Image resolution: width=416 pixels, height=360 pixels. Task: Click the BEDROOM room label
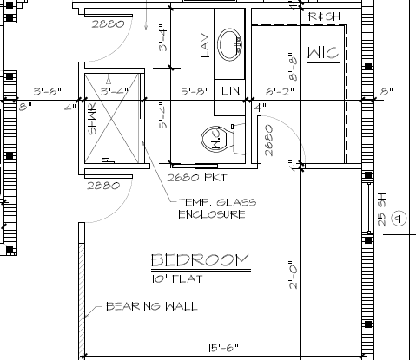pyautogui.click(x=200, y=259)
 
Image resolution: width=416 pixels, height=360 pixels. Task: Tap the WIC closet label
pyautogui.click(x=323, y=53)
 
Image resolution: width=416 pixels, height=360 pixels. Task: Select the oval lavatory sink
pyautogui.click(x=230, y=44)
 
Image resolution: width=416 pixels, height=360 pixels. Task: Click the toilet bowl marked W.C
pyautogui.click(x=218, y=139)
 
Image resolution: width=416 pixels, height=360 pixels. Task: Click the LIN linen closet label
pyautogui.click(x=231, y=91)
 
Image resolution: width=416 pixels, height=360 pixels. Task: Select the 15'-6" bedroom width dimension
pyautogui.click(x=224, y=347)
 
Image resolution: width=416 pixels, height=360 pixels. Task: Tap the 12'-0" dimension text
pyautogui.click(x=293, y=277)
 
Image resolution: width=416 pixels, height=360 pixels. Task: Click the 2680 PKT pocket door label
pyautogui.click(x=197, y=177)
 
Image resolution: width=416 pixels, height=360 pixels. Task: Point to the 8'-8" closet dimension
pyautogui.click(x=293, y=67)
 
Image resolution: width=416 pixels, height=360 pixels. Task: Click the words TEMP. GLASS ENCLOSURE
pyautogui.click(x=217, y=208)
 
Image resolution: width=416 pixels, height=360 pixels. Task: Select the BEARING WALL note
pyautogui.click(x=152, y=306)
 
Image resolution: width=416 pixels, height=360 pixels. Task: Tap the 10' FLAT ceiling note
pyautogui.click(x=177, y=278)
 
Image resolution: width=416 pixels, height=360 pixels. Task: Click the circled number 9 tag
pyautogui.click(x=399, y=219)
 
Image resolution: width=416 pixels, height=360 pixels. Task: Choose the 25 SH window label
pyautogui.click(x=382, y=209)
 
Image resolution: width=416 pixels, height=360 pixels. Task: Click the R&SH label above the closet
pyautogui.click(x=324, y=16)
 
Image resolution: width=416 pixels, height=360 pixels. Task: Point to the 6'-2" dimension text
pyautogui.click(x=280, y=91)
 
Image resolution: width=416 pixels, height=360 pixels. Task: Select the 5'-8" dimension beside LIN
pyautogui.click(x=195, y=91)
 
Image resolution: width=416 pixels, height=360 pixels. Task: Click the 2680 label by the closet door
pyautogui.click(x=268, y=141)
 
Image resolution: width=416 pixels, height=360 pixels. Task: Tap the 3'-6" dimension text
pyautogui.click(x=48, y=91)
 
